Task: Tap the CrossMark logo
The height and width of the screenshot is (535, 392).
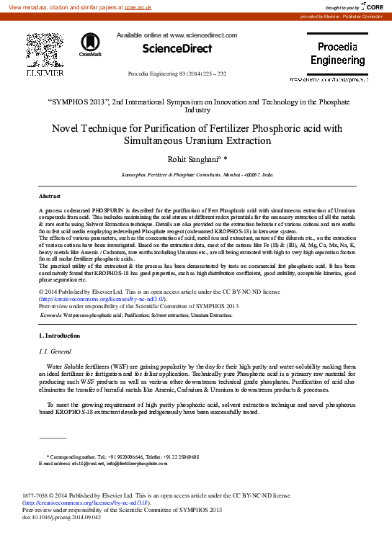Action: click(x=90, y=45)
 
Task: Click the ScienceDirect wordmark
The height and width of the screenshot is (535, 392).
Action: click(x=177, y=49)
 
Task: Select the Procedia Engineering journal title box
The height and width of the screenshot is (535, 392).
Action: click(x=337, y=54)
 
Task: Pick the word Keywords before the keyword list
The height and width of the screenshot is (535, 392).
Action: click(x=51, y=315)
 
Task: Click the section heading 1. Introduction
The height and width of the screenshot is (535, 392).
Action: click(x=61, y=336)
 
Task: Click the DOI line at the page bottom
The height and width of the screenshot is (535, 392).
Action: click(x=62, y=518)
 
